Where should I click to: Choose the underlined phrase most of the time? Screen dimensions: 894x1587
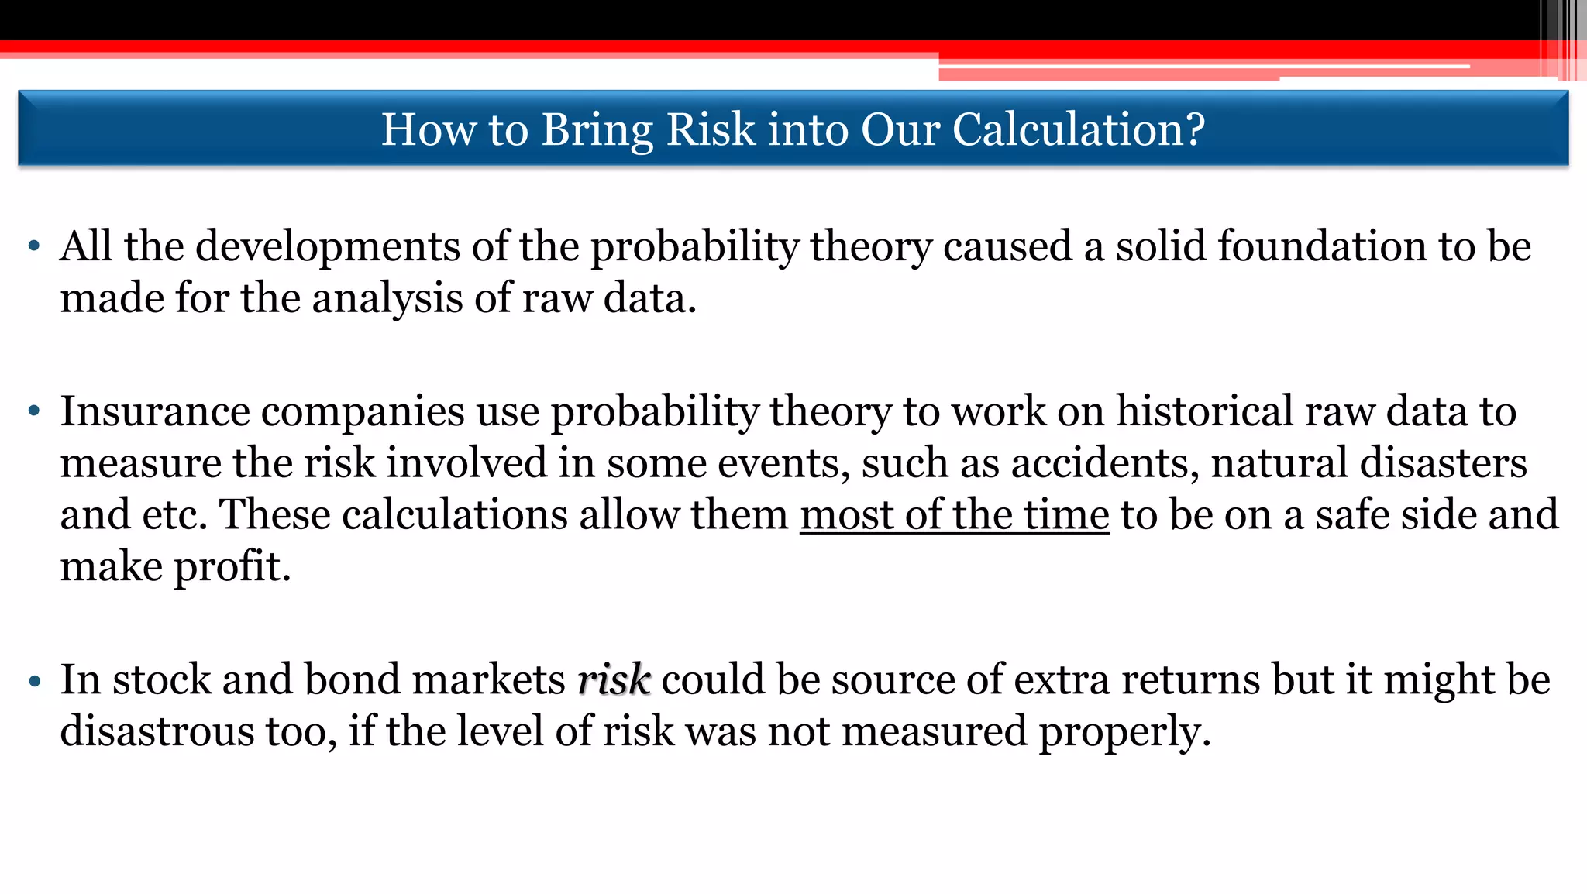[x=955, y=514]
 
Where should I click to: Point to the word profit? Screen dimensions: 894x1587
[x=232, y=567]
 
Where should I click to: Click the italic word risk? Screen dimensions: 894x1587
[x=614, y=679]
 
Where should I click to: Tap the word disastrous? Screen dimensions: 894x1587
[x=157, y=731]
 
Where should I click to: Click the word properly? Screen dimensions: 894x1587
[x=1124, y=732]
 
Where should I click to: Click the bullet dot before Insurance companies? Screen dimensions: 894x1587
[x=33, y=412]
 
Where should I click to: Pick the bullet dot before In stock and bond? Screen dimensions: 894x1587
[x=33, y=681]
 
